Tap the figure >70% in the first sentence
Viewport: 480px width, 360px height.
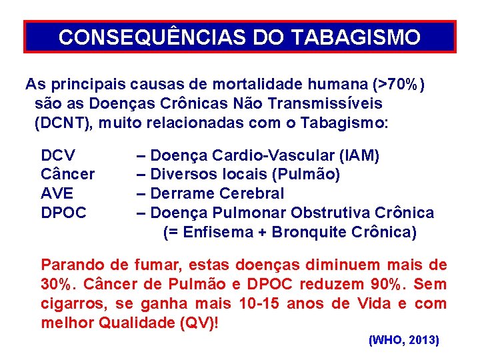click(400, 85)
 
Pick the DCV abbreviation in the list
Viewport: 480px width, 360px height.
click(58, 156)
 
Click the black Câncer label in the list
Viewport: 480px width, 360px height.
click(67, 175)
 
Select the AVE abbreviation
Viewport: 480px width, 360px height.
click(57, 194)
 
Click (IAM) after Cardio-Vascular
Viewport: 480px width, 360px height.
click(359, 156)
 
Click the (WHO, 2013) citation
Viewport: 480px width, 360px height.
click(403, 340)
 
